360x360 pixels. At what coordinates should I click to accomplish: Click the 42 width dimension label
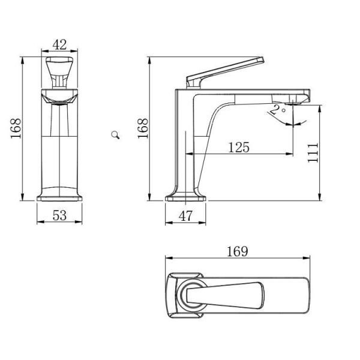click(x=59, y=44)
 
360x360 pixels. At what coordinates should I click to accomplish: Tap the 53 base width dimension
click(x=59, y=215)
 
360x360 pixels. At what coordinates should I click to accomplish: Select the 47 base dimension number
click(x=185, y=216)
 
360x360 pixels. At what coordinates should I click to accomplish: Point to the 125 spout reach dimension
click(x=239, y=148)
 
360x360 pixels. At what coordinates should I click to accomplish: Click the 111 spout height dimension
click(x=313, y=153)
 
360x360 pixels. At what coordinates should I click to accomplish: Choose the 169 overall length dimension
click(x=238, y=251)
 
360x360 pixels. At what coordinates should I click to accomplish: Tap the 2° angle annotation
click(x=277, y=110)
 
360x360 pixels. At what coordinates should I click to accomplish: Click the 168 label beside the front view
click(x=16, y=128)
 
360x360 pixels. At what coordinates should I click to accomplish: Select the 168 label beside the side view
click(x=143, y=128)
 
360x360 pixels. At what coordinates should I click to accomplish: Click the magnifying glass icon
click(x=115, y=135)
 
